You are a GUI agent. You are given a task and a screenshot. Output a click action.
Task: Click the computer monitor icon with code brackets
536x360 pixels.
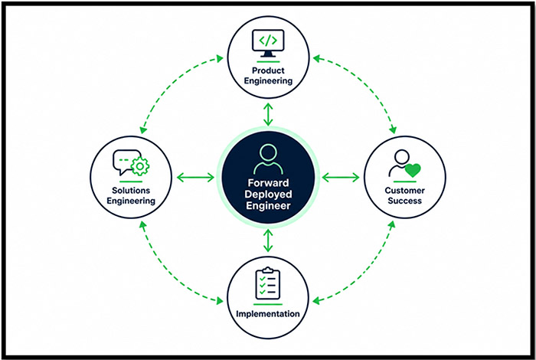tap(268, 43)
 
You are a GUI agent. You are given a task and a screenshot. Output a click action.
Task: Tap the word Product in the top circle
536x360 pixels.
tap(268, 70)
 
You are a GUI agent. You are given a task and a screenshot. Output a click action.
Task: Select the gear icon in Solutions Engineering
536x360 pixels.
tap(140, 166)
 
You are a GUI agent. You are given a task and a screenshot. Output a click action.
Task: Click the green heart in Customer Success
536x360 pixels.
tap(413, 170)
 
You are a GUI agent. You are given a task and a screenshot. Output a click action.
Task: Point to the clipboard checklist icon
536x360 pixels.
tap(268, 283)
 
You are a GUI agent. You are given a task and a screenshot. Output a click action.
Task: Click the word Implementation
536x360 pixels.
tap(268, 313)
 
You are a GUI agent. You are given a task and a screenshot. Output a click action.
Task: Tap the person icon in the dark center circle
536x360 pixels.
tap(268, 159)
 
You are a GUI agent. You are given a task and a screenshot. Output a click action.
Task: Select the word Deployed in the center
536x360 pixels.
tap(268, 195)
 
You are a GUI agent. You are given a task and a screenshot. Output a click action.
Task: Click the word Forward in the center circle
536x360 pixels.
tap(268, 182)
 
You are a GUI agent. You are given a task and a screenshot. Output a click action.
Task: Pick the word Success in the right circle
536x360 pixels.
tap(405, 201)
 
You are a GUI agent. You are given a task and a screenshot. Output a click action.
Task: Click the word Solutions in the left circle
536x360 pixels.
tap(131, 190)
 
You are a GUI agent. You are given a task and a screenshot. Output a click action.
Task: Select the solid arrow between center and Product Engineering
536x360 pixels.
tap(268, 115)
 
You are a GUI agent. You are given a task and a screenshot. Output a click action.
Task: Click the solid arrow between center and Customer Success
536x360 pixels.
tap(341, 178)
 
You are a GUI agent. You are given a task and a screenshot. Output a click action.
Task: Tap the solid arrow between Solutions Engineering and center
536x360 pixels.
tap(195, 178)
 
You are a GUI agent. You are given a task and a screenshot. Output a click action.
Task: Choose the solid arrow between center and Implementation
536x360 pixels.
tap(268, 241)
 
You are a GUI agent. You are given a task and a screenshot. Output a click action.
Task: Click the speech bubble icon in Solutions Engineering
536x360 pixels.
tap(124, 161)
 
